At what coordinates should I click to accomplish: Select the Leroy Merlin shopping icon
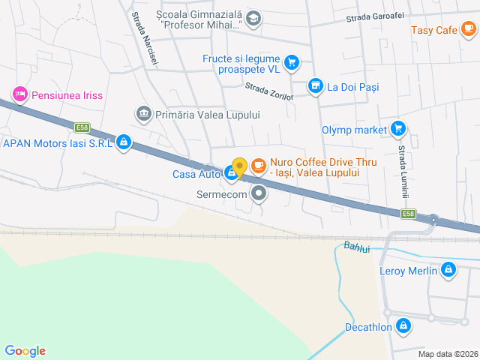[448, 270]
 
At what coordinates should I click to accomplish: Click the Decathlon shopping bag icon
[403, 326]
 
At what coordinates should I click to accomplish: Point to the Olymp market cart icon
[397, 129]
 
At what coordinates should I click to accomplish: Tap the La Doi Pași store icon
[316, 86]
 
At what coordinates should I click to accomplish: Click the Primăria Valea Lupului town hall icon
[142, 114]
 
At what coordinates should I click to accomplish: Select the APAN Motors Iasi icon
[124, 142]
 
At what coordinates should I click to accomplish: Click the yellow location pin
[239, 168]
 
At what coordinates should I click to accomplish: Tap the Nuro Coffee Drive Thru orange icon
[258, 165]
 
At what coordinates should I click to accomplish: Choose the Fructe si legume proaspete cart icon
[292, 62]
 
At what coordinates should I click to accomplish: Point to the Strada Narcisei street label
[144, 39]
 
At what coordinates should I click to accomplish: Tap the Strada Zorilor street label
[268, 90]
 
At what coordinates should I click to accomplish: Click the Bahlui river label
[357, 247]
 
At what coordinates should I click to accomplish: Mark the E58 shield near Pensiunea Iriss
[82, 127]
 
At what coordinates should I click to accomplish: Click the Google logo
[25, 351]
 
